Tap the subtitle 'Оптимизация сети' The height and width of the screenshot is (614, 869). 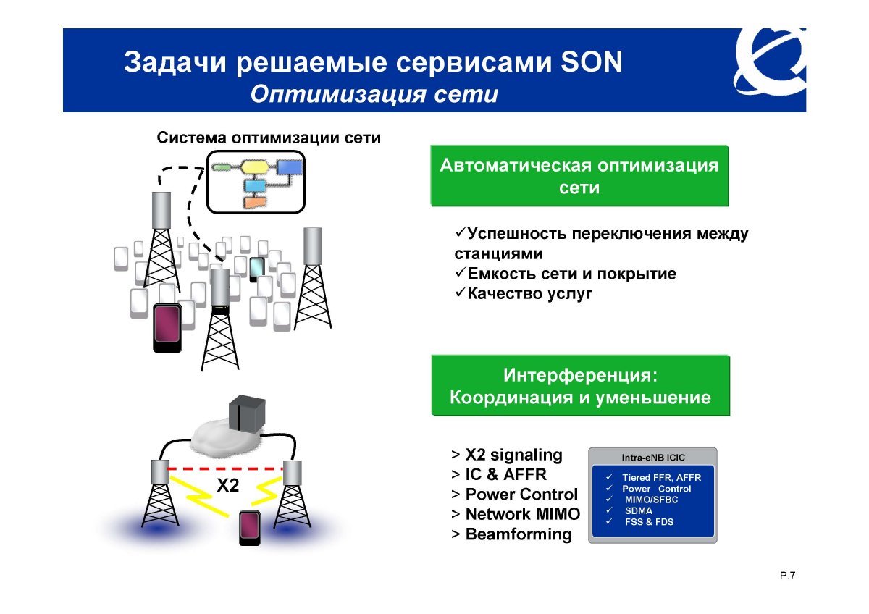click(x=374, y=94)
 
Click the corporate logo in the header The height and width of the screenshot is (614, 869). click(x=770, y=62)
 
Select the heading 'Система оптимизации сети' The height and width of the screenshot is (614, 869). click(x=269, y=138)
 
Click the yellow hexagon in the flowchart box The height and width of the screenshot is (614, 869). click(x=254, y=167)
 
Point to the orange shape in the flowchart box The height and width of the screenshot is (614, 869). click(x=255, y=203)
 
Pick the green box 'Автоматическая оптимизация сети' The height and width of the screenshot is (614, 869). click(x=579, y=176)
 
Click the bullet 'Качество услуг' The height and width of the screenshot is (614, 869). click(x=524, y=293)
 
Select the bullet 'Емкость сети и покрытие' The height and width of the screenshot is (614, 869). click(x=566, y=274)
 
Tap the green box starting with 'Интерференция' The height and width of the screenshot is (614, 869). click(x=580, y=385)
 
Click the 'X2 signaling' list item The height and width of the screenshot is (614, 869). click(x=507, y=455)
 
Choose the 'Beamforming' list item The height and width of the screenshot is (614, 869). click(x=511, y=534)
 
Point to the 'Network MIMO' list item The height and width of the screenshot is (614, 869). click(x=516, y=514)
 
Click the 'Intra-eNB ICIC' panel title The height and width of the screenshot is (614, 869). click(x=653, y=458)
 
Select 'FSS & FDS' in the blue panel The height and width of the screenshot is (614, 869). click(x=649, y=522)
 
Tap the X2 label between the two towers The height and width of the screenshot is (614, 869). click(x=227, y=485)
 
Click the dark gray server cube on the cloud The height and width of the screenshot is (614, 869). click(x=247, y=413)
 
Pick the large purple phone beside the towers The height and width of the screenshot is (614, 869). click(x=167, y=328)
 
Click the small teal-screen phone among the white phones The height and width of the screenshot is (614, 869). click(x=257, y=269)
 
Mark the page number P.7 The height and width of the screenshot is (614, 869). click(x=788, y=576)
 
